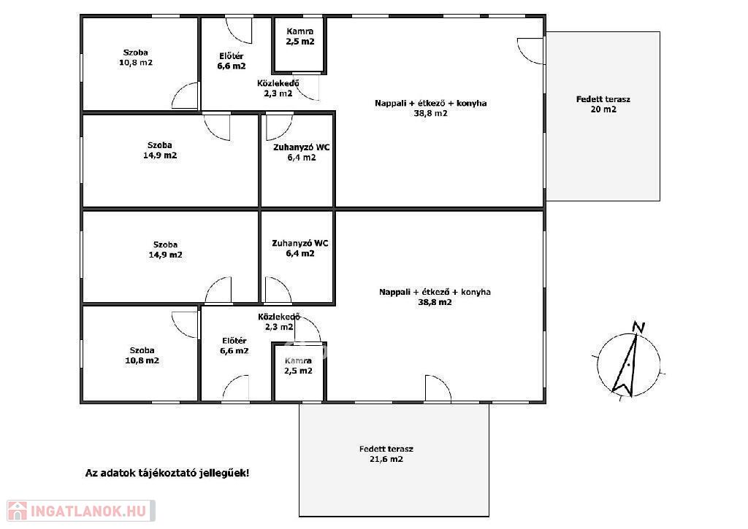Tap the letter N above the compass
(638, 327)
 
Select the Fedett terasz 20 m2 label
(603, 104)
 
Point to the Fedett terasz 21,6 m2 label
(386, 454)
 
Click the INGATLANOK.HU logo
(81, 511)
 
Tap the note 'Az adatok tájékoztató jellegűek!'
(167, 474)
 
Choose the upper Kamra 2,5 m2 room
(300, 45)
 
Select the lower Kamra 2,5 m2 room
(299, 371)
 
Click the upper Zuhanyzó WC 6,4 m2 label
(301, 152)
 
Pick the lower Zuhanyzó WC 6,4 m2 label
(300, 248)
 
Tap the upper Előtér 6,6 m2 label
(232, 61)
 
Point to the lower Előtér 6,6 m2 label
(234, 346)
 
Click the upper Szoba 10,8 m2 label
(135, 58)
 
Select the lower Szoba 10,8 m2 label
(142, 355)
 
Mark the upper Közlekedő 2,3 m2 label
(278, 88)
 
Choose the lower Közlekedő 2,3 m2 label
(279, 322)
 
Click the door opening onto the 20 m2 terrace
(530, 51)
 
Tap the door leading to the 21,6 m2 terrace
(438, 388)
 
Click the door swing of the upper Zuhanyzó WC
(279, 127)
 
